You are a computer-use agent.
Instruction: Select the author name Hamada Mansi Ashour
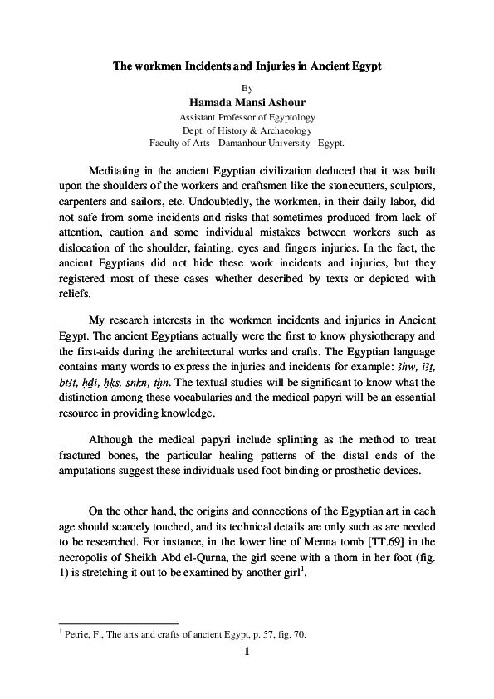[247, 102]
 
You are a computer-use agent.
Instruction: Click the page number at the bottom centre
[247, 652]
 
